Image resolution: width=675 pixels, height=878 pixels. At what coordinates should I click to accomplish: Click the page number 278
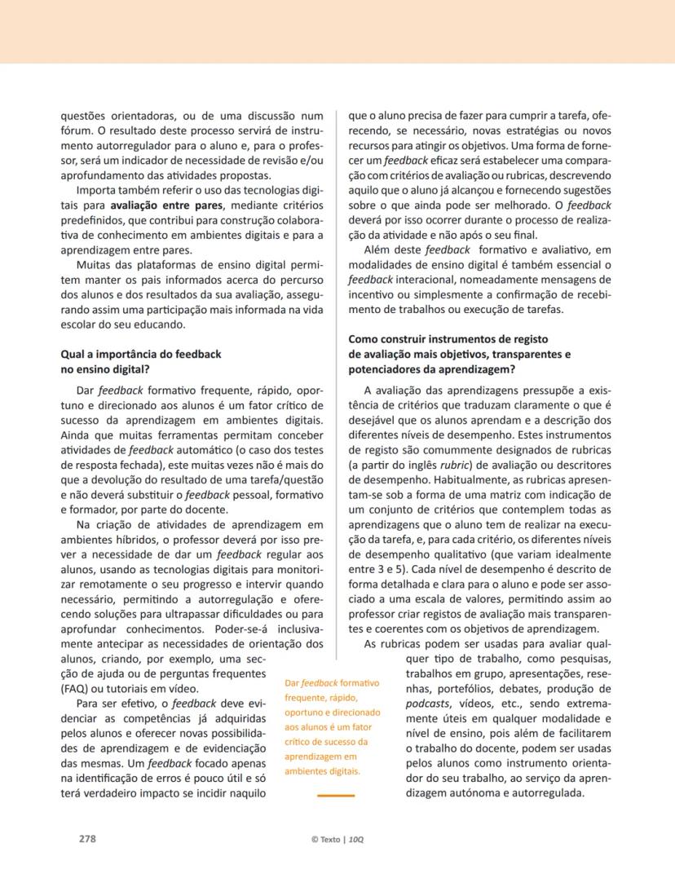pyautogui.click(x=86, y=838)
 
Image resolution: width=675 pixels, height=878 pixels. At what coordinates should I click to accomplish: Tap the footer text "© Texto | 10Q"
pyautogui.click(x=337, y=839)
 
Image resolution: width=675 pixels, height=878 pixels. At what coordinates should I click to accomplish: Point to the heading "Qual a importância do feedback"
pyautogui.click(x=141, y=355)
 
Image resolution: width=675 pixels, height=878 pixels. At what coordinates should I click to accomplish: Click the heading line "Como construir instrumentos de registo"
pyautogui.click(x=448, y=338)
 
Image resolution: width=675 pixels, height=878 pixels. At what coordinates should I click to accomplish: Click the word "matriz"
pyautogui.click(x=536, y=495)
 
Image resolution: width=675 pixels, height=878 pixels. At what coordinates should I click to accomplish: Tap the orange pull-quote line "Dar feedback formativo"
pyautogui.click(x=328, y=682)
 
